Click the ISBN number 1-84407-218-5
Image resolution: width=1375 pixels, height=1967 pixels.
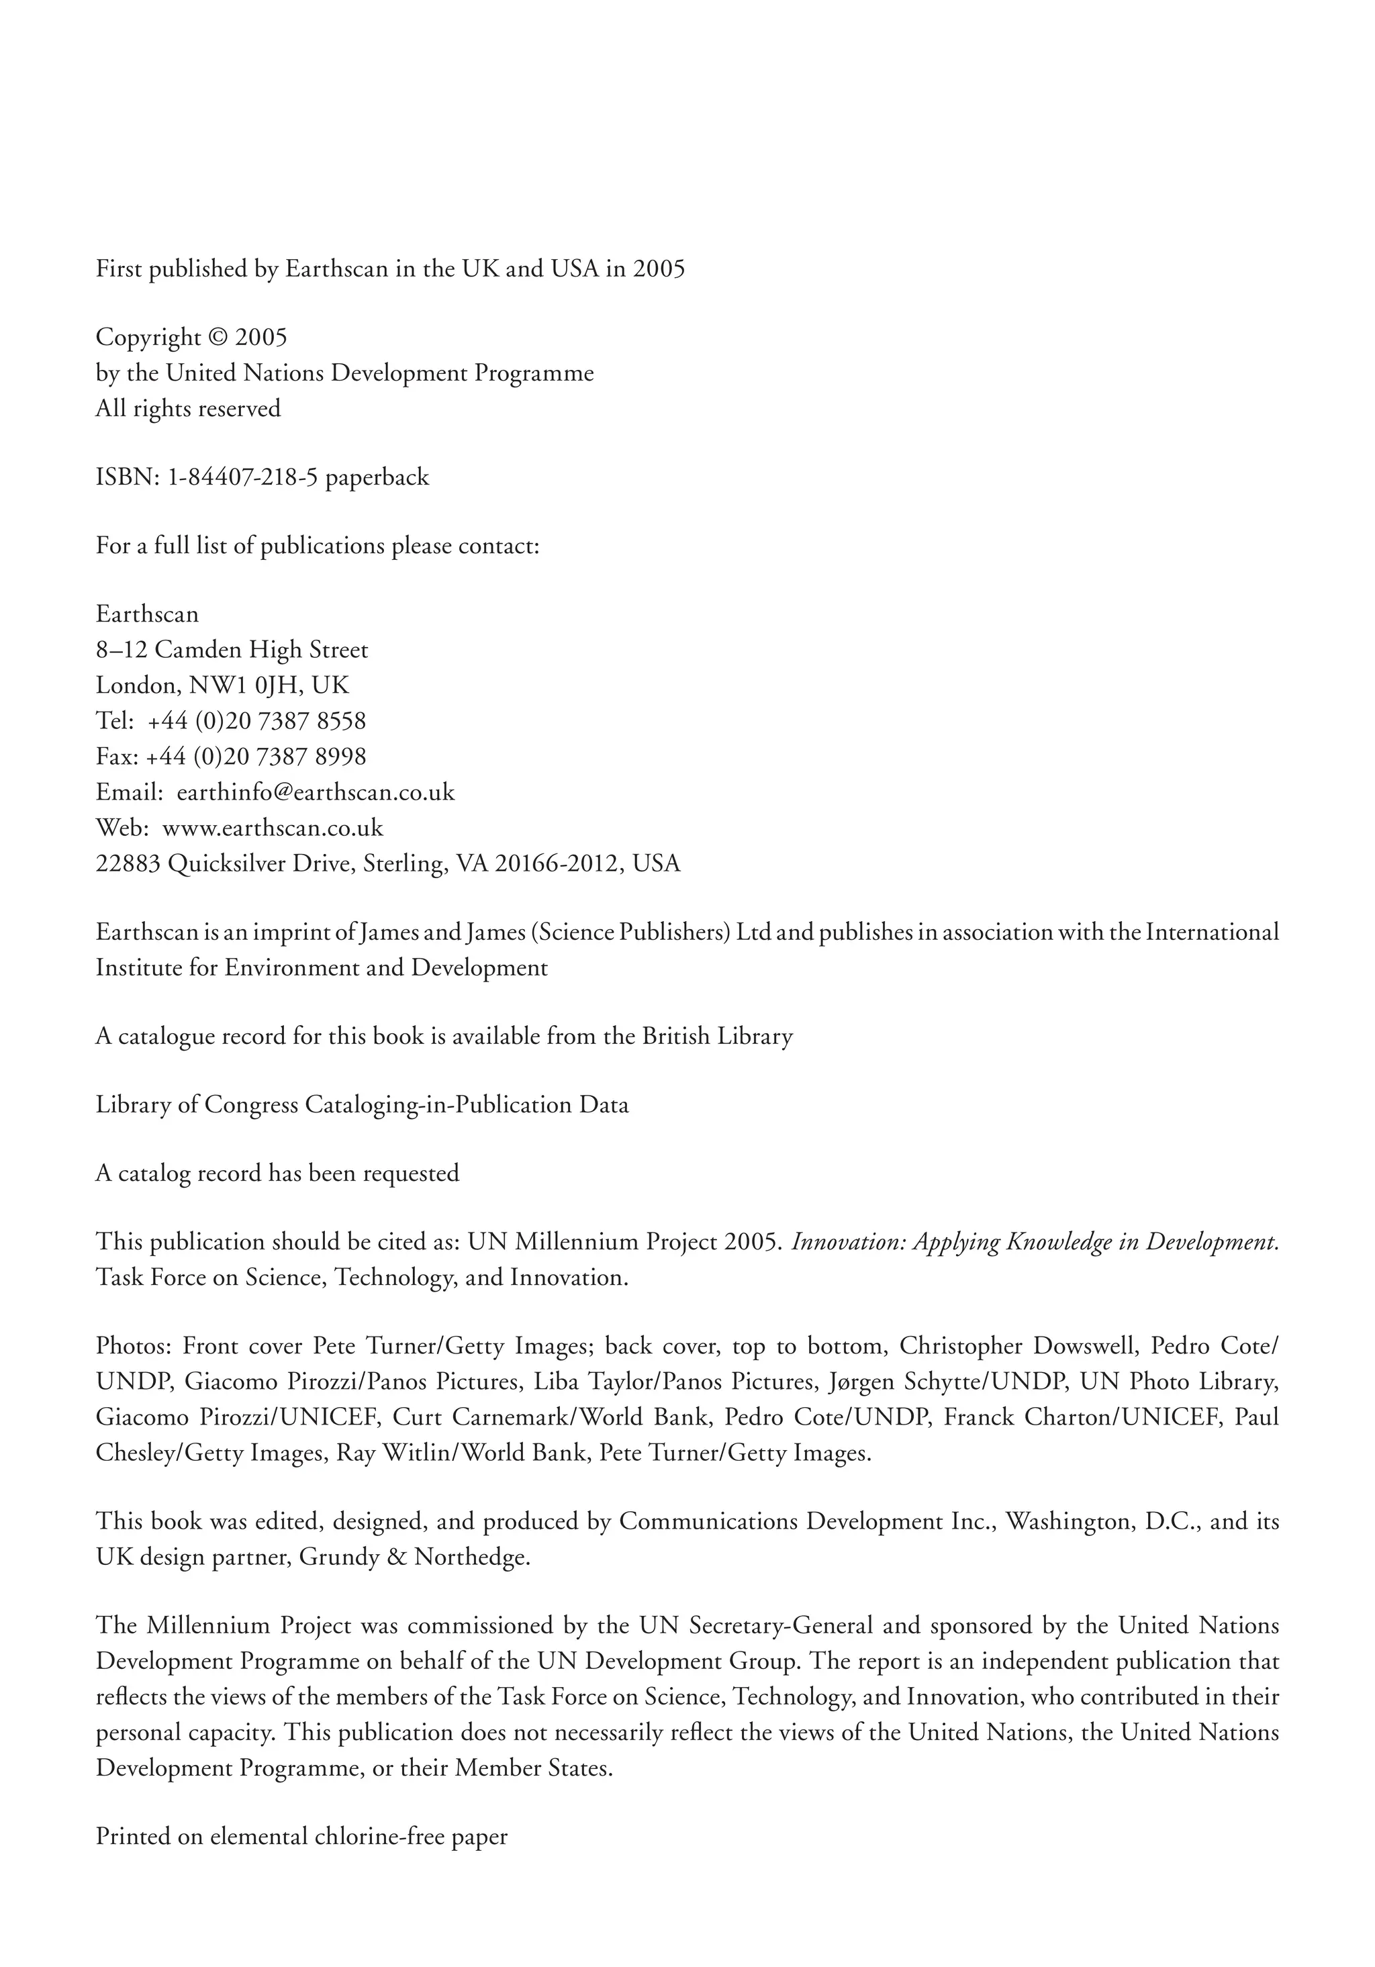point(242,477)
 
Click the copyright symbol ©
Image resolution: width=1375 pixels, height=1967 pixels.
point(218,338)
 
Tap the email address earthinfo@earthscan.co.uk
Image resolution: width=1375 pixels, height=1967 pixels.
point(316,792)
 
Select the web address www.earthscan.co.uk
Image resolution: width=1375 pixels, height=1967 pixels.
point(273,828)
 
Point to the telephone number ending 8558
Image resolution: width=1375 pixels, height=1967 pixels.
point(256,722)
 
